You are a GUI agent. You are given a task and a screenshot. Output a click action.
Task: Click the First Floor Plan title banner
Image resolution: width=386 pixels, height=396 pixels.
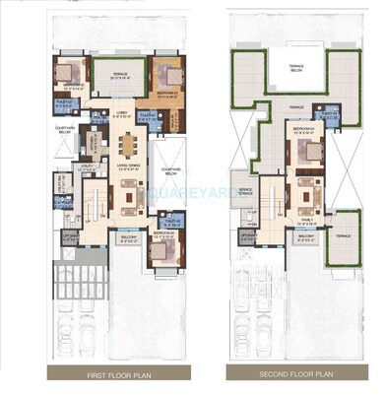tap(111, 375)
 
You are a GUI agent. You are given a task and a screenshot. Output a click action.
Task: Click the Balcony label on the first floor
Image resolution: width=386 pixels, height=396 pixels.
tap(128, 236)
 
